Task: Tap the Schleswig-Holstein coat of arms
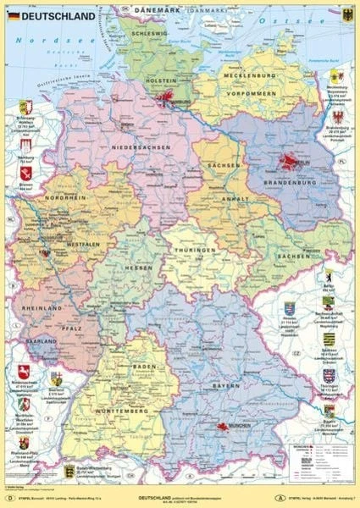[x=24, y=108]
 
